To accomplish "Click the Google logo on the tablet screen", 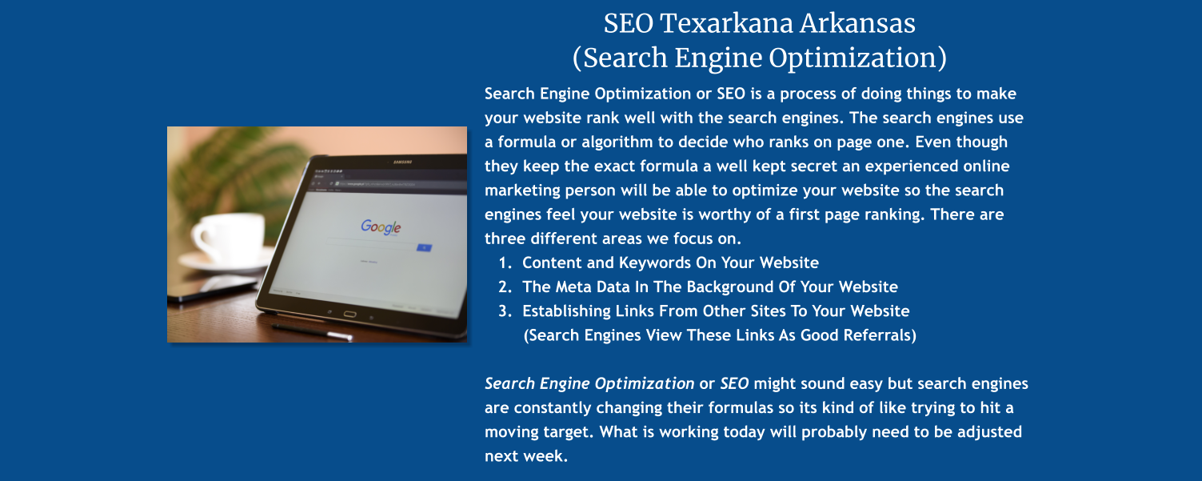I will (x=381, y=226).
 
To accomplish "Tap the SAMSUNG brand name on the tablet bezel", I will (x=401, y=162).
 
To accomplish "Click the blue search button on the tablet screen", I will (x=424, y=247).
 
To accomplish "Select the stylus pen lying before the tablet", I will (x=312, y=331).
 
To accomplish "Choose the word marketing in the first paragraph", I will (x=523, y=190).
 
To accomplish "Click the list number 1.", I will (x=504, y=263).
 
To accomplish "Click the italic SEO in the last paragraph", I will (x=734, y=383).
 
